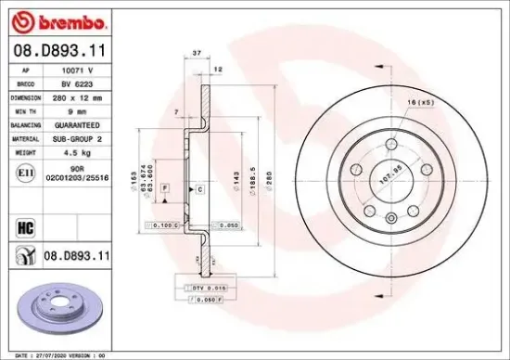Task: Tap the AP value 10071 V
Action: point(77,71)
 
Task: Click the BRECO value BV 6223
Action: point(77,83)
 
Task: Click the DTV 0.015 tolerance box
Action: point(202,289)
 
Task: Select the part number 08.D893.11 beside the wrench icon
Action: point(78,253)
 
